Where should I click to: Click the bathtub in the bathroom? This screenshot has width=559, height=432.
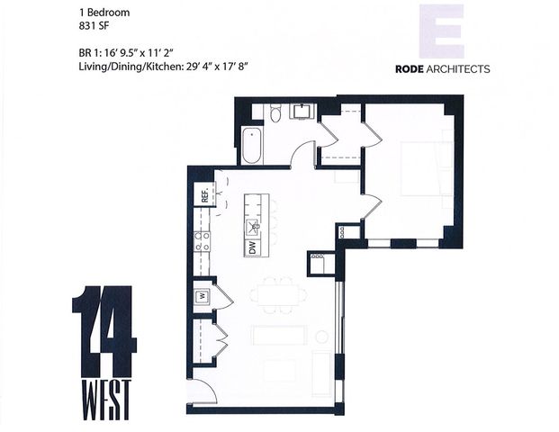click(251, 145)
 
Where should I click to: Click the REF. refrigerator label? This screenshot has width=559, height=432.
click(204, 193)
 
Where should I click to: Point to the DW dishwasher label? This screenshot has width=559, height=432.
click(253, 246)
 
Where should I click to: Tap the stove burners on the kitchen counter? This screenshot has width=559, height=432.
click(203, 240)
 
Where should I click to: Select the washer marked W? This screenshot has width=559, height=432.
click(203, 295)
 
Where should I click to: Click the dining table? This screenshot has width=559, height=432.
click(277, 293)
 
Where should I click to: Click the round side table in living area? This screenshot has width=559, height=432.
click(320, 337)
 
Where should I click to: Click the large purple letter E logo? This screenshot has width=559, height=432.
click(442, 31)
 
